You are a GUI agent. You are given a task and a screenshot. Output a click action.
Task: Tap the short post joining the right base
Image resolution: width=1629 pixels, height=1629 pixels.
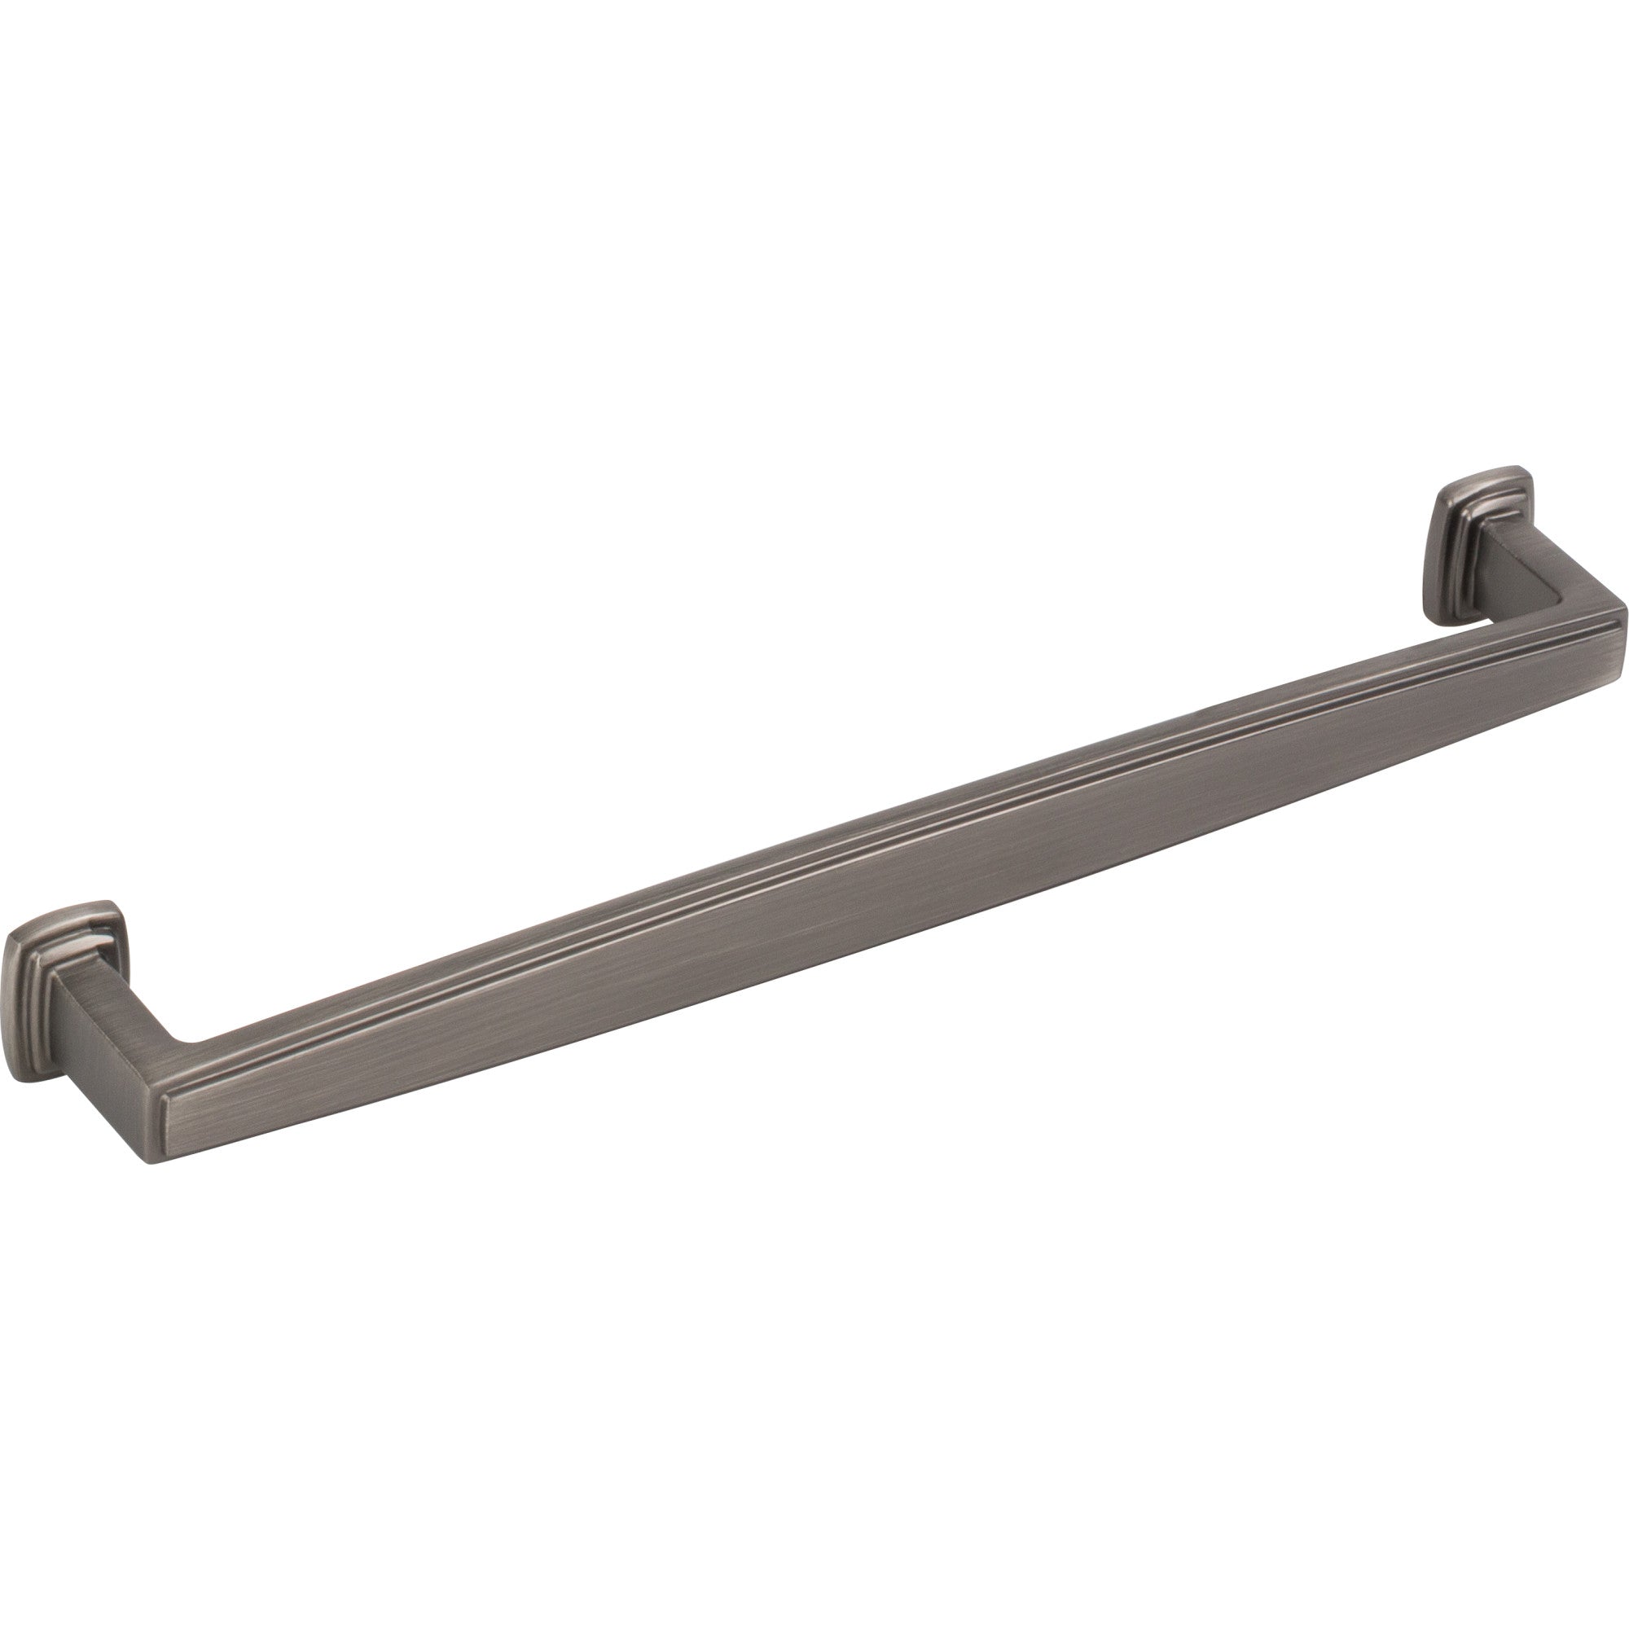[x=1517, y=573]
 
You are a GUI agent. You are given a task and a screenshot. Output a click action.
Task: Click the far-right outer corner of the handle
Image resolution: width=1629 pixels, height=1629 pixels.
[x=1624, y=604]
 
